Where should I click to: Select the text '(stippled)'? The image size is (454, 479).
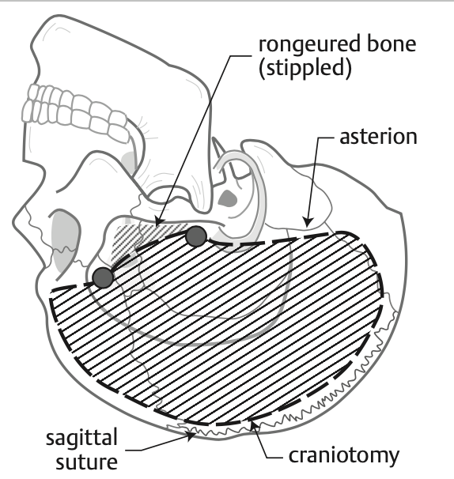pos(305,69)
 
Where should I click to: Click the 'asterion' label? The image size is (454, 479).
pos(378,137)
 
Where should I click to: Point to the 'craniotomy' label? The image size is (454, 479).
pos(343,456)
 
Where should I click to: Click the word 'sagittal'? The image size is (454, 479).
pos(81,438)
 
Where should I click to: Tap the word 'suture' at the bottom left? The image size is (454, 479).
pos(86,462)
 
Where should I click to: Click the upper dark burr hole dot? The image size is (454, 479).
pos(196,236)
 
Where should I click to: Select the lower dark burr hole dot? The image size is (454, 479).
pos(103,277)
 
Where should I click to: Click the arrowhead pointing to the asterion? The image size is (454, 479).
pos(308,221)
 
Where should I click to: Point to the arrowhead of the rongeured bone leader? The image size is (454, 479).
pos(159,221)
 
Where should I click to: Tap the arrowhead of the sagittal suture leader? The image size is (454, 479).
pos(191,436)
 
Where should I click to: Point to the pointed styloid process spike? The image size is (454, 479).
pos(218,147)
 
